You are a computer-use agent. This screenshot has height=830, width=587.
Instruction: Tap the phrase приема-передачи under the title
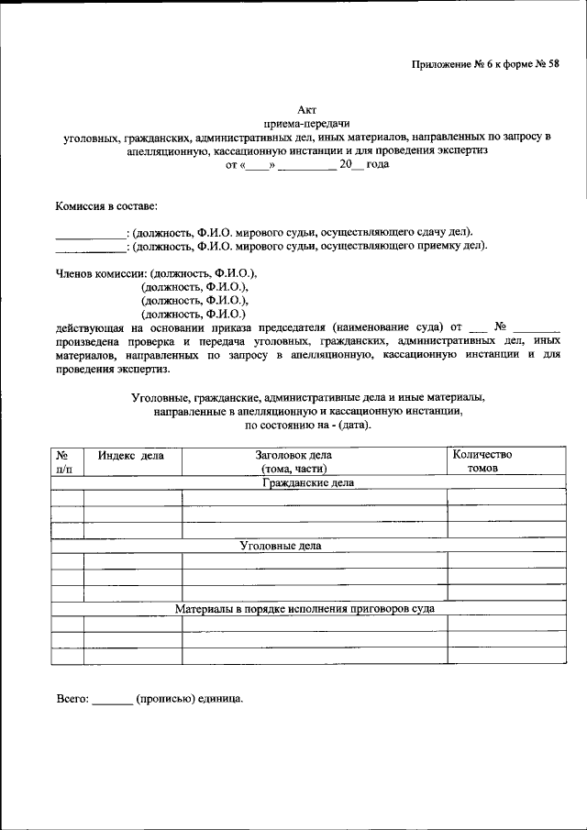coord(306,124)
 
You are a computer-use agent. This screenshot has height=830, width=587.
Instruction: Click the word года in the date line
coord(378,166)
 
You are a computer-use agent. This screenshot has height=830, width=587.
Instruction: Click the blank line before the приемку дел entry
coord(89,247)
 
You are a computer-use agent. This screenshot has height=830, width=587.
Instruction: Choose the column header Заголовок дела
coord(293,455)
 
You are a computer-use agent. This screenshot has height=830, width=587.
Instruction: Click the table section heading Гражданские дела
coord(307,482)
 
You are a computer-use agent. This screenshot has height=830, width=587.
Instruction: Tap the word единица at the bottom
coord(219,699)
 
